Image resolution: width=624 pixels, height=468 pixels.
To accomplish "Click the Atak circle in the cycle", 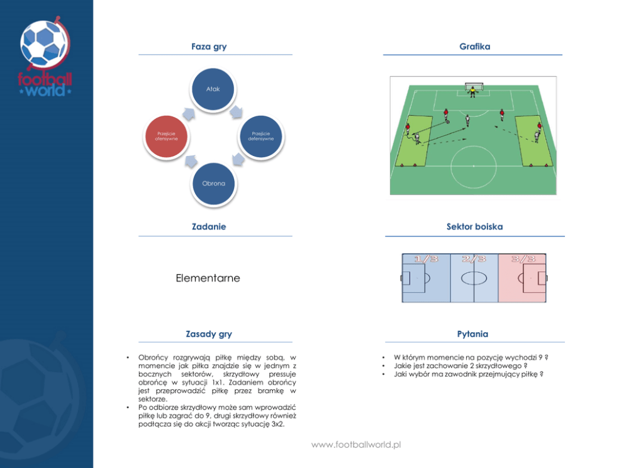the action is [x=213, y=89].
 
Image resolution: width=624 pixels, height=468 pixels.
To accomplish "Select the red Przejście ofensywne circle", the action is [x=167, y=136].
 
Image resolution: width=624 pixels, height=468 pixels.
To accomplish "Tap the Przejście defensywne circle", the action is [x=262, y=136].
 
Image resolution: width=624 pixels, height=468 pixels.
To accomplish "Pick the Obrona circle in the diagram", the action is [x=213, y=184].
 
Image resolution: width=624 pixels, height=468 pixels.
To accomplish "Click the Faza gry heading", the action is [x=209, y=47].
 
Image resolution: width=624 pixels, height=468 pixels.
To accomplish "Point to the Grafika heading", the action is [x=474, y=47].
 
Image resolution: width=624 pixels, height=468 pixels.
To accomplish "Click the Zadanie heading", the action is [x=209, y=226].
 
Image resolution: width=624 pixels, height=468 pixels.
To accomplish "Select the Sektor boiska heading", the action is [x=474, y=226].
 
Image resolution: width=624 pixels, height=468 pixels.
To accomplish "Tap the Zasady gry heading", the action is [x=209, y=334].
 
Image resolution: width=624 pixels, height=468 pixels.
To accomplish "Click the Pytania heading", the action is [x=472, y=334].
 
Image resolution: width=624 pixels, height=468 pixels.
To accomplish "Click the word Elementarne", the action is [x=208, y=278].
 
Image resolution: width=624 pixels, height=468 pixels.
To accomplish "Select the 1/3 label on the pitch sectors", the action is [x=427, y=259].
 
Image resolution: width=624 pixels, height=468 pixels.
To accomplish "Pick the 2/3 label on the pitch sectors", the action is [x=474, y=259].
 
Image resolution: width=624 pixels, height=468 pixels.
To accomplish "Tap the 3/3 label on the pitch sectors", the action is [x=523, y=259].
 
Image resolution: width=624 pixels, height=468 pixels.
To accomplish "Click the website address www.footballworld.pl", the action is [x=356, y=445].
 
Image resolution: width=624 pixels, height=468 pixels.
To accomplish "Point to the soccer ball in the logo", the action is [x=45, y=45].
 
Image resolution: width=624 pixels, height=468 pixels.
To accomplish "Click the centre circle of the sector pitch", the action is [x=474, y=278].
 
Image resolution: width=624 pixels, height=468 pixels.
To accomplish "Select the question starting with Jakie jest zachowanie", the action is [x=460, y=365].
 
